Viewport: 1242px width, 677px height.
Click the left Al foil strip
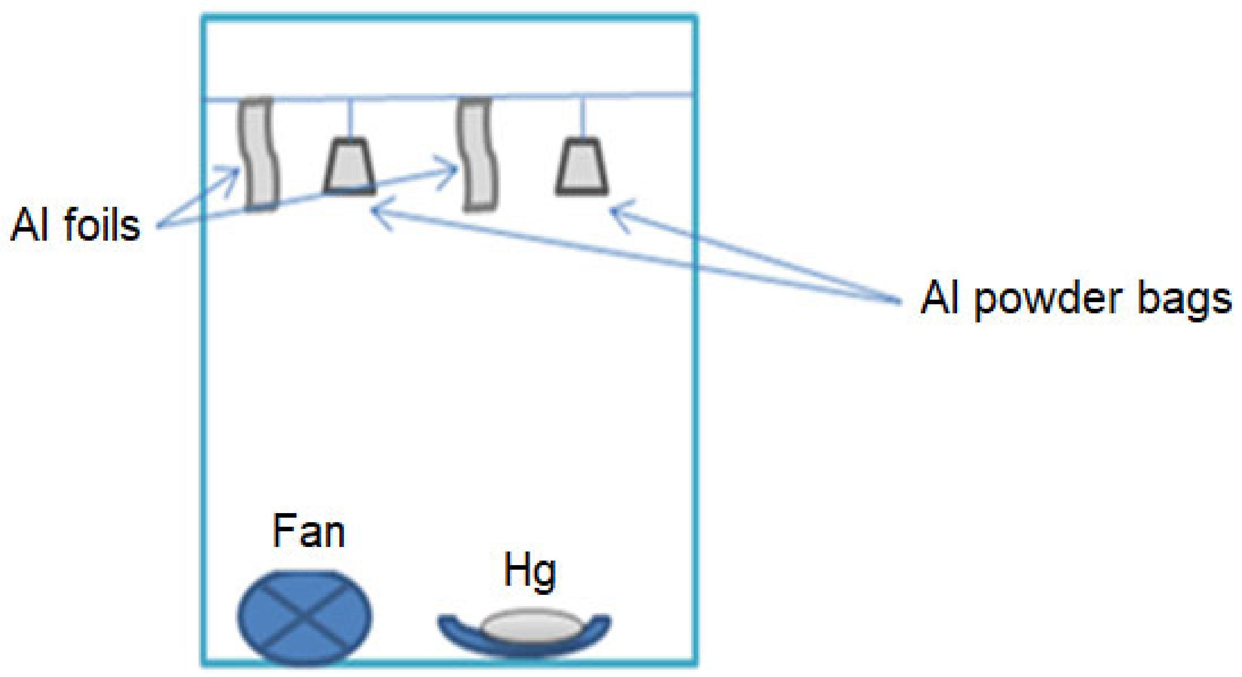tap(259, 154)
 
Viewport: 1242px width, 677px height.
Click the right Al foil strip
tap(478, 154)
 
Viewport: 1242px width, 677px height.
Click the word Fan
tap(308, 532)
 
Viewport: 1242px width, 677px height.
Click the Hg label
tap(529, 571)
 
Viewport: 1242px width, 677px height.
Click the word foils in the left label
tap(102, 225)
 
